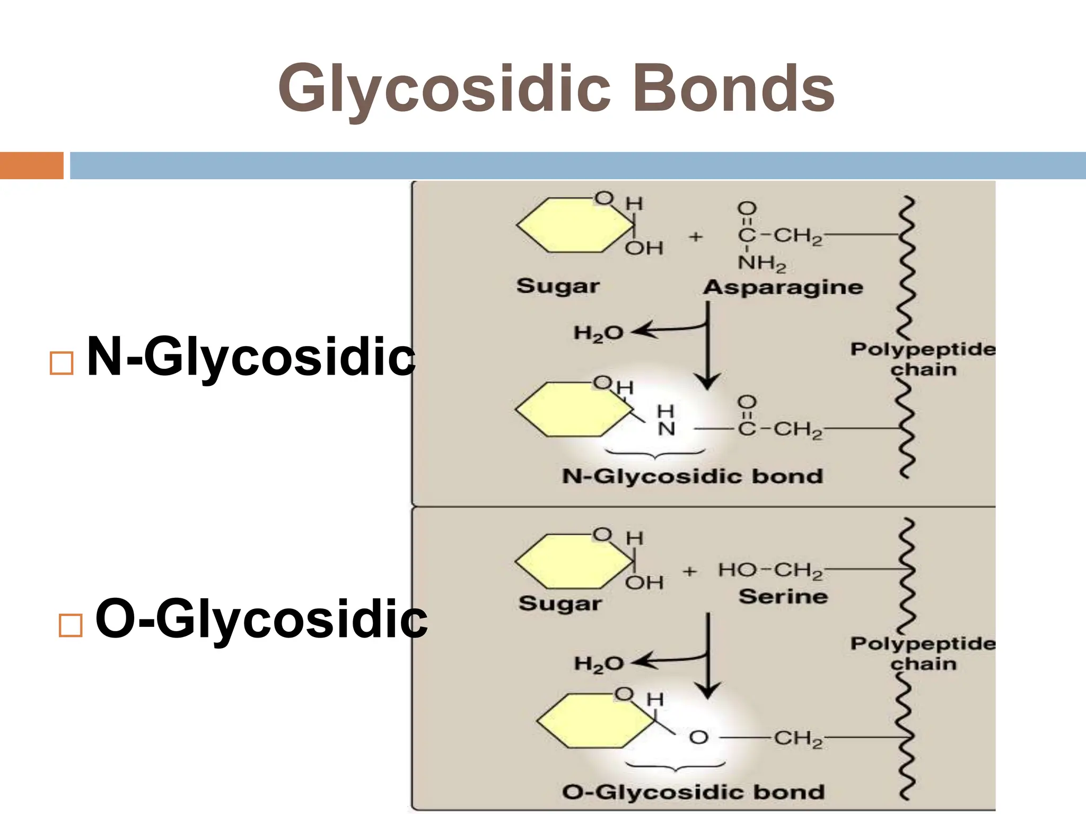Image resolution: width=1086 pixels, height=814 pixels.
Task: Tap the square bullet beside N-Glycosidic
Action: pyautogui.click(x=61, y=364)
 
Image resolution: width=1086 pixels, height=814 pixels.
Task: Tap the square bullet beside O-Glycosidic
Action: pyautogui.click(x=71, y=625)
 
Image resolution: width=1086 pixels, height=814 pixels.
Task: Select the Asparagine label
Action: pyautogui.click(x=783, y=287)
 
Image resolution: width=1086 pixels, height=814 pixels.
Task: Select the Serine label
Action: pyautogui.click(x=783, y=597)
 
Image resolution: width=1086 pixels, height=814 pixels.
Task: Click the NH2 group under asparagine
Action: pyautogui.click(x=761, y=263)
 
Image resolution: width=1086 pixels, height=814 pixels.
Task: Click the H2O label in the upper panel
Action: pyautogui.click(x=598, y=333)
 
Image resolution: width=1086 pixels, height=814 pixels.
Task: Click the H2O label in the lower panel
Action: pyautogui.click(x=599, y=664)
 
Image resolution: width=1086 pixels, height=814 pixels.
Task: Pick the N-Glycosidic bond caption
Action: pyautogui.click(x=692, y=476)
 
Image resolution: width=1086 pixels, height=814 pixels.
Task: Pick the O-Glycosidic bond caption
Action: pyautogui.click(x=693, y=792)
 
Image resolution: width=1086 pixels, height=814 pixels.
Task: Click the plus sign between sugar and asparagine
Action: pyautogui.click(x=696, y=237)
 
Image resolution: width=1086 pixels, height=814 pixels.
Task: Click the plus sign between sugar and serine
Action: pyautogui.click(x=689, y=571)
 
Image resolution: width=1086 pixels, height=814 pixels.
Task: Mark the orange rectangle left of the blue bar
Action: pyautogui.click(x=31, y=165)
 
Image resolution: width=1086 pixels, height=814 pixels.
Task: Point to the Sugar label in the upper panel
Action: pyautogui.click(x=558, y=286)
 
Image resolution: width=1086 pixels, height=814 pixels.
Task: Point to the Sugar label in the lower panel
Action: pyautogui.click(x=560, y=604)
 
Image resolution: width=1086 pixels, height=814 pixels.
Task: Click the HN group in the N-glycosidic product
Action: pyautogui.click(x=666, y=420)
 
